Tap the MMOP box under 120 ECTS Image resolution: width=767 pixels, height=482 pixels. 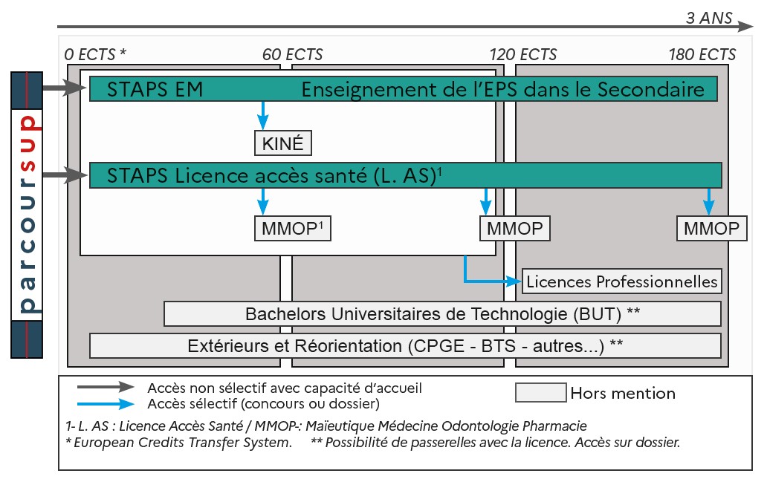(515, 229)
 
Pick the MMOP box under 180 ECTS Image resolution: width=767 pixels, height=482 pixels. (712, 229)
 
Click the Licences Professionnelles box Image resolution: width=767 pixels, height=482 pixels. (621, 281)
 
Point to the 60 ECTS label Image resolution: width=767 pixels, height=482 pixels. (292, 55)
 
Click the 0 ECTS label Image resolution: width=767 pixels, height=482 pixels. (96, 55)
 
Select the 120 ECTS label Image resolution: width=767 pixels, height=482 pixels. (522, 55)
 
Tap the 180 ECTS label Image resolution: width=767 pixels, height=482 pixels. (702, 55)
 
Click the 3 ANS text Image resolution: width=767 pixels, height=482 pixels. (709, 19)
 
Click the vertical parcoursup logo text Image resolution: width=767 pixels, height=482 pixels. (28, 215)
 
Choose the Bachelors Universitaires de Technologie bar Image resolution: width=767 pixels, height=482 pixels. (442, 314)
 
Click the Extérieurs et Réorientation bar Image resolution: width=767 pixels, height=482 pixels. (405, 345)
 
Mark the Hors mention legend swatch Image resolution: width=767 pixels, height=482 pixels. (540, 393)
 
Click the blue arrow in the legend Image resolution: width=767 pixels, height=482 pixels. (106, 404)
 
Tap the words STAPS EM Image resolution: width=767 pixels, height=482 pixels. (155, 90)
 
